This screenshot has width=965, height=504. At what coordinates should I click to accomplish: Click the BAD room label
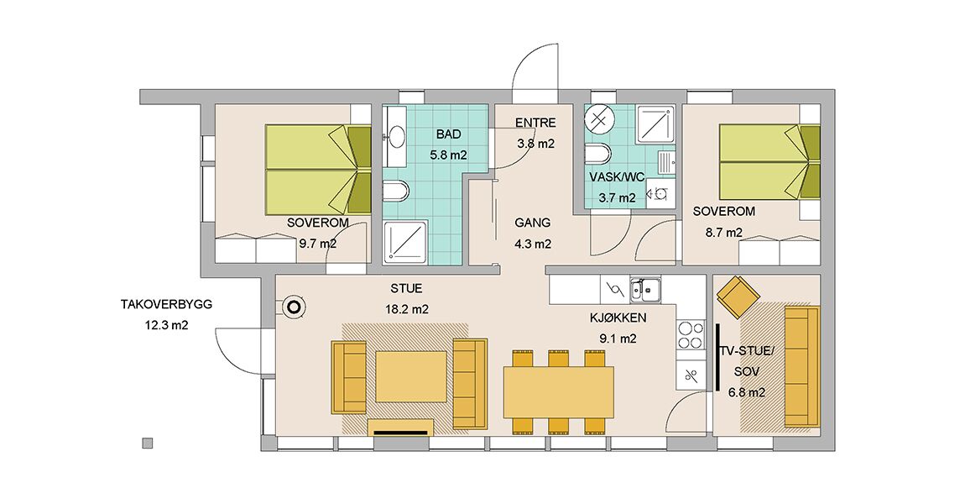pyautogui.click(x=449, y=134)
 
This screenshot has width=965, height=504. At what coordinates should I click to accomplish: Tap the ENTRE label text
pyautogui.click(x=535, y=123)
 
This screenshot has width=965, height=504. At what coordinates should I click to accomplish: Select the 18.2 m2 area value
pyautogui.click(x=407, y=309)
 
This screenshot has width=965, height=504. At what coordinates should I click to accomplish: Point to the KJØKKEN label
pyautogui.click(x=618, y=318)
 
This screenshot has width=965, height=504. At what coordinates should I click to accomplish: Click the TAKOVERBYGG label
pyautogui.click(x=167, y=304)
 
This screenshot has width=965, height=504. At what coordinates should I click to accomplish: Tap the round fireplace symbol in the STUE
pyautogui.click(x=295, y=307)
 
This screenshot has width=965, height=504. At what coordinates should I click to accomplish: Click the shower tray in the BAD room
pyautogui.click(x=405, y=242)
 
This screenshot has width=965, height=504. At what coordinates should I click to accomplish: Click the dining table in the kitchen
pyautogui.click(x=559, y=392)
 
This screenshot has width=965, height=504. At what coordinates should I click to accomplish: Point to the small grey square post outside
pyautogui.click(x=147, y=443)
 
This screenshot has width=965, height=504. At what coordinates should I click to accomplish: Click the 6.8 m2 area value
pyautogui.click(x=747, y=392)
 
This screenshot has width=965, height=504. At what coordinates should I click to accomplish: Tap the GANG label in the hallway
pyautogui.click(x=533, y=223)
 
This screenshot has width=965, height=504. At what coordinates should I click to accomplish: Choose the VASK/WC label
pyautogui.click(x=617, y=177)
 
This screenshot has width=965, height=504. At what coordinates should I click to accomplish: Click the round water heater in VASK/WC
pyautogui.click(x=599, y=118)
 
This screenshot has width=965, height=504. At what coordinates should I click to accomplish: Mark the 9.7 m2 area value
pyautogui.click(x=317, y=244)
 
